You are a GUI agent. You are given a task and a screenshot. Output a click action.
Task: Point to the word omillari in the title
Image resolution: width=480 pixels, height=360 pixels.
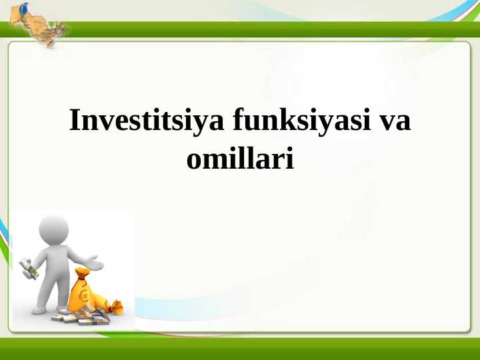pyautogui.click(x=240, y=161)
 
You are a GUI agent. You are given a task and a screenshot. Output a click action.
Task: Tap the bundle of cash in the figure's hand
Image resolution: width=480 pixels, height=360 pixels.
pyautogui.click(x=28, y=268)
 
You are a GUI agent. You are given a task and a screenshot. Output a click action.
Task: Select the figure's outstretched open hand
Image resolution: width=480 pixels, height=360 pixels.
pyautogui.click(x=95, y=263)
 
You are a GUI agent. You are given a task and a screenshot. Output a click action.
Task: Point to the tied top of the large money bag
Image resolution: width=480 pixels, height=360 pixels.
pyautogui.click(x=81, y=273)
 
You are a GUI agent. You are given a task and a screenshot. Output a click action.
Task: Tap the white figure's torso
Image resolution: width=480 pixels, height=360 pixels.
pyautogui.click(x=55, y=263)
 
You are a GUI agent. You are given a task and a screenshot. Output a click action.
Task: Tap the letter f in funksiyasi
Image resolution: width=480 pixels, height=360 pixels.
pyautogui.click(x=237, y=121)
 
